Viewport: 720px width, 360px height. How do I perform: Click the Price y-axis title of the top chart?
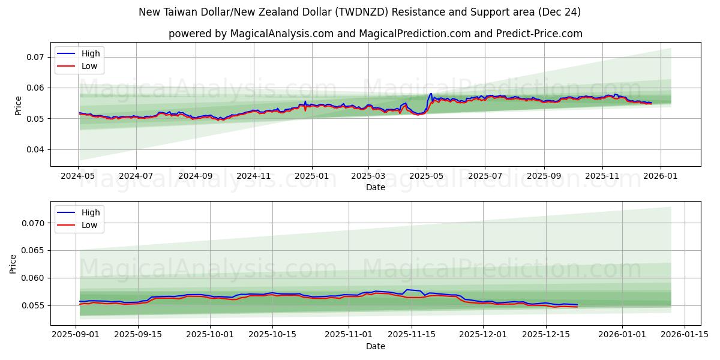pyautogui.click(x=19, y=106)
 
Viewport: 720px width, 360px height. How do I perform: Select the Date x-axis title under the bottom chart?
pyautogui.click(x=376, y=346)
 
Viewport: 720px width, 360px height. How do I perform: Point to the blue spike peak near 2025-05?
pyautogui.click(x=430, y=94)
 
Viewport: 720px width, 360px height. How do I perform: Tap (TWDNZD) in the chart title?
pyautogui.click(x=355, y=12)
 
